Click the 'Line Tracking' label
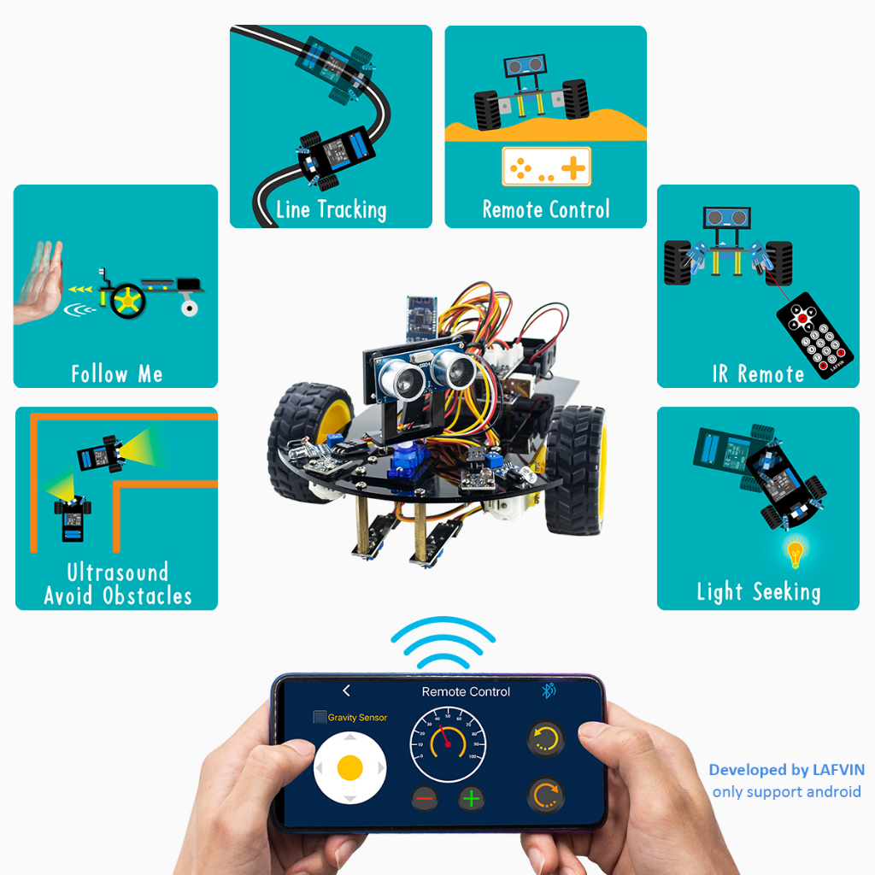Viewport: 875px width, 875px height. pyautogui.click(x=331, y=209)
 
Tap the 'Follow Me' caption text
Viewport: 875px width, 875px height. pyautogui.click(x=116, y=373)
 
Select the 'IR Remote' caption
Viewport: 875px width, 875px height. pyautogui.click(x=758, y=373)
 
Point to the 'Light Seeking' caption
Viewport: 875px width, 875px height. pyautogui.click(x=758, y=591)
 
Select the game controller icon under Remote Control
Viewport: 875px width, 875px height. pyautogui.click(x=546, y=167)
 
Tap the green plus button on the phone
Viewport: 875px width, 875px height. pyautogui.click(x=472, y=799)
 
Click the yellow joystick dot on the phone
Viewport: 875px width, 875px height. pyautogui.click(x=350, y=767)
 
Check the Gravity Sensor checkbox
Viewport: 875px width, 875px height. pyautogui.click(x=320, y=718)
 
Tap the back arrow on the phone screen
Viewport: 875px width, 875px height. pyautogui.click(x=346, y=690)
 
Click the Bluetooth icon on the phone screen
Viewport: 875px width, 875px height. pyautogui.click(x=549, y=691)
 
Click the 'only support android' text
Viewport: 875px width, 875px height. pyautogui.click(x=786, y=792)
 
